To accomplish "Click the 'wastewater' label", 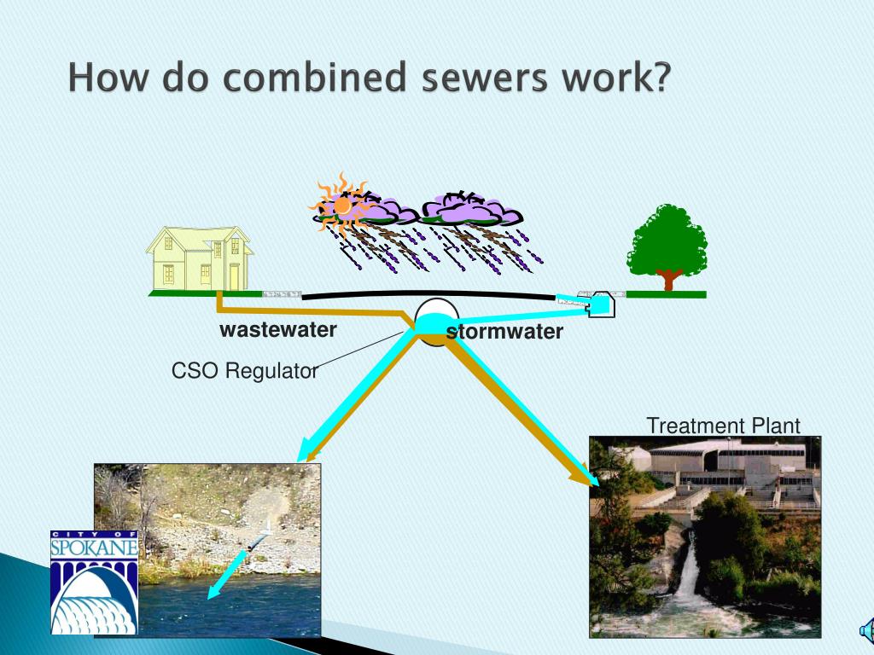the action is click(278, 329).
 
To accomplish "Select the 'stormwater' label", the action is click(504, 331).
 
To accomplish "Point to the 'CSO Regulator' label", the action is click(245, 370).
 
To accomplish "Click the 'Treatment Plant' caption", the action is click(723, 426).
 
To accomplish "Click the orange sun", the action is click(342, 206).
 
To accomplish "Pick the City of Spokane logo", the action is click(94, 583).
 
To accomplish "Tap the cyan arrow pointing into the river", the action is click(229, 574).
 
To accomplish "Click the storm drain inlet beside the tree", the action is click(600, 304).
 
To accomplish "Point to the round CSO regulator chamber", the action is click(437, 322).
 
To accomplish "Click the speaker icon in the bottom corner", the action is click(867, 631).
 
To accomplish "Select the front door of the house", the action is click(234, 276).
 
